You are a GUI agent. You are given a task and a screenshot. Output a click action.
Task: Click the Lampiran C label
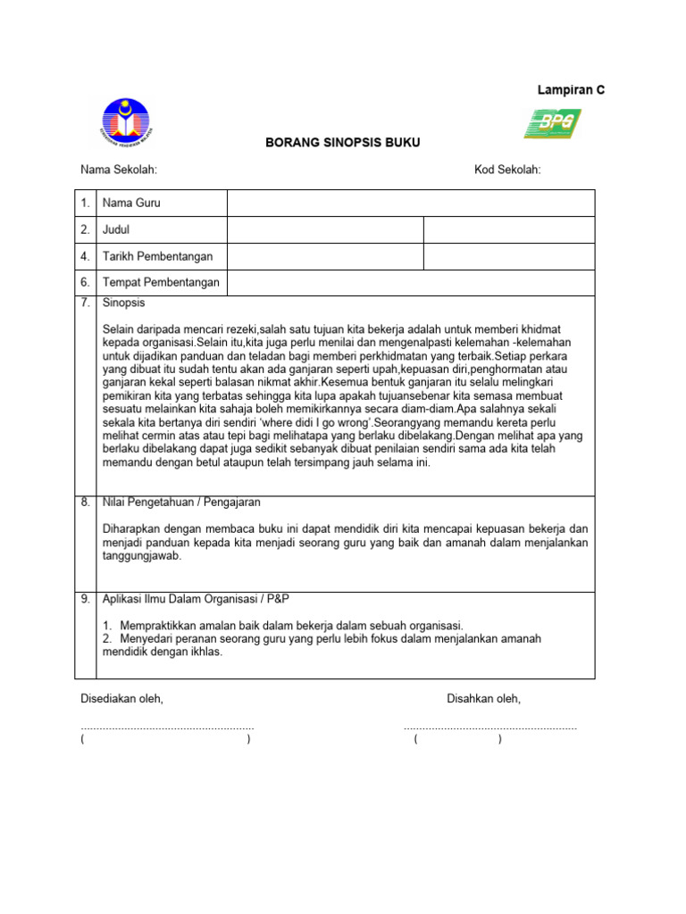pos(571,90)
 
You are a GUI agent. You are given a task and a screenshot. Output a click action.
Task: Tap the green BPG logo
pos(552,123)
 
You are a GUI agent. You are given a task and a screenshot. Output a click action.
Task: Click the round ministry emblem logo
pos(125,123)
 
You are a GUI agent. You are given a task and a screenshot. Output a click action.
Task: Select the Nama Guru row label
pos(131,204)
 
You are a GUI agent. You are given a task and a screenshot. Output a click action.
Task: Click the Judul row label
pos(116,230)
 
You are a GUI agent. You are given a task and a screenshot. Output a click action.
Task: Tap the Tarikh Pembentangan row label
pos(158,257)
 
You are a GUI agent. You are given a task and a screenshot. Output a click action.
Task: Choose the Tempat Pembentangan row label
pos(161,284)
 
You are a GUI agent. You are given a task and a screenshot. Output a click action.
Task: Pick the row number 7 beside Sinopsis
pos(86,303)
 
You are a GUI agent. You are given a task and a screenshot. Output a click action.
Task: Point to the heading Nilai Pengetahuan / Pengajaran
pos(181,503)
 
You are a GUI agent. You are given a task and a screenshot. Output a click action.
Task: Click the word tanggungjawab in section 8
pos(141,555)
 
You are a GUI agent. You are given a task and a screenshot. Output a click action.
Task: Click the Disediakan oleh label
pos(121,699)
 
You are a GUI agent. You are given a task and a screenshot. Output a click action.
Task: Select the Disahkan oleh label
pos(483,699)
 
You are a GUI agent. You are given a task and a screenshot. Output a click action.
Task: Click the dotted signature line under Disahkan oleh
pos(490,728)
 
